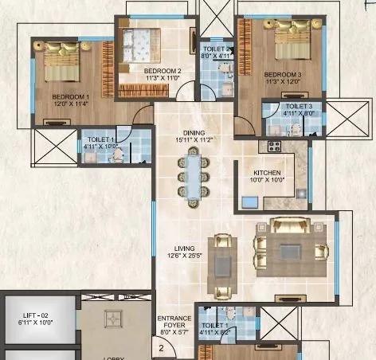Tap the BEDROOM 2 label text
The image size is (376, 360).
pos(163,71)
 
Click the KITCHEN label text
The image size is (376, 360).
pos(268,172)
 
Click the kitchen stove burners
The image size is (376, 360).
pos(274,147)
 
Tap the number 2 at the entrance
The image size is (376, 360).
pos(160,347)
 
